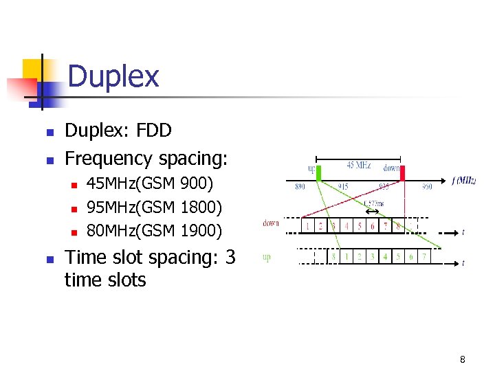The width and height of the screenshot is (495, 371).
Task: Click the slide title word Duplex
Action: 113,76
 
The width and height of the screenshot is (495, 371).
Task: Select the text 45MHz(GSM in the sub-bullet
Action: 130,183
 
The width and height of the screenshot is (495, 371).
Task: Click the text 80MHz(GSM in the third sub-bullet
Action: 130,230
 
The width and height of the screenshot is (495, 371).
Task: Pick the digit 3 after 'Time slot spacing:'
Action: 230,257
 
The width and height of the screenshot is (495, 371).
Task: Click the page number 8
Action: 463,359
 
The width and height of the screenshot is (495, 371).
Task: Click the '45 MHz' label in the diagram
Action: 360,165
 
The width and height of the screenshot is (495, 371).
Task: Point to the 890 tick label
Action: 300,186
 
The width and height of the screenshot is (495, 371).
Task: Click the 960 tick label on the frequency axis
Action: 427,186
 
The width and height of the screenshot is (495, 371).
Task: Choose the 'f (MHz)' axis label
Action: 464,181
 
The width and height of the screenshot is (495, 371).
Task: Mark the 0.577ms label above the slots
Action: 374,203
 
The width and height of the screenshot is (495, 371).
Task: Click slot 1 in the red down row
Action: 309,226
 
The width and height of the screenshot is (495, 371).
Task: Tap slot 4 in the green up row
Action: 386,257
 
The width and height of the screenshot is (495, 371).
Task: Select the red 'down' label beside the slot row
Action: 270,223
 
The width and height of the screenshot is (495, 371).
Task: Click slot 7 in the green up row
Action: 424,257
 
